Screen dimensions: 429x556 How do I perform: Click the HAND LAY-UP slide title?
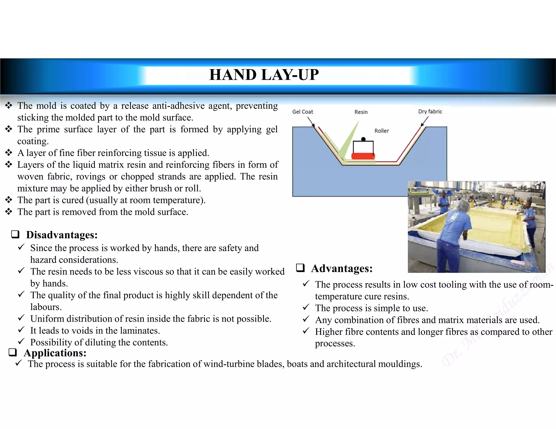click(x=264, y=75)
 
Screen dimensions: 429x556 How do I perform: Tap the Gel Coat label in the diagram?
click(x=302, y=112)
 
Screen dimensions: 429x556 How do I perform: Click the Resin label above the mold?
click(x=361, y=112)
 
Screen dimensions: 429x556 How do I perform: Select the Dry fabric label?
click(x=430, y=111)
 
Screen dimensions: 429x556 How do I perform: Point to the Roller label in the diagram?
click(x=381, y=131)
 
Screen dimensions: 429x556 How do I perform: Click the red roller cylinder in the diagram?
click(x=363, y=156)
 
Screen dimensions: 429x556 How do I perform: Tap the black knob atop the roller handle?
click(x=363, y=139)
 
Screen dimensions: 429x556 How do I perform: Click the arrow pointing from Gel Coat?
click(x=311, y=122)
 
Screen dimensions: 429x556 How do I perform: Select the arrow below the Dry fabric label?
click(x=424, y=122)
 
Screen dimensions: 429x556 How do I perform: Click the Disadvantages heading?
click(x=62, y=235)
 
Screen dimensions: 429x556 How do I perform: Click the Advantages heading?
click(x=342, y=268)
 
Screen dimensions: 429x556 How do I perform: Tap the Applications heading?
click(x=55, y=353)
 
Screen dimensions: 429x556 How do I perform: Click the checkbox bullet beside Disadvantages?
click(x=15, y=234)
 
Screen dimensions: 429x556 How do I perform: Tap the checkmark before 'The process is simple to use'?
click(x=306, y=307)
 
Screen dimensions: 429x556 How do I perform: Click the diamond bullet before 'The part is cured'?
click(x=9, y=200)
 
